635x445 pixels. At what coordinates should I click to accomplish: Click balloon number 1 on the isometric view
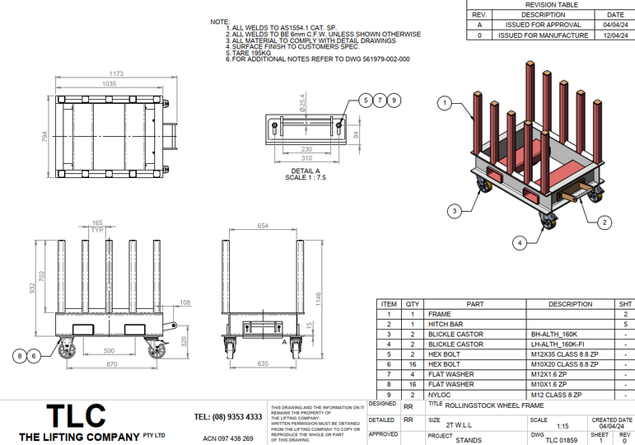point(446,103)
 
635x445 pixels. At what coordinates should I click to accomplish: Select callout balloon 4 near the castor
point(520,242)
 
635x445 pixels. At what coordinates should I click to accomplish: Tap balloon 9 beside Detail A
point(395,101)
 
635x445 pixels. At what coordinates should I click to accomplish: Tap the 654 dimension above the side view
point(263,225)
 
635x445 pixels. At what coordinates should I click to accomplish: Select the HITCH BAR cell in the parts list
point(446,325)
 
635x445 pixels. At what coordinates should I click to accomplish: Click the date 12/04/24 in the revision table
point(615,35)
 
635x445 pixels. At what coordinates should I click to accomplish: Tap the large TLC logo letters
point(76,415)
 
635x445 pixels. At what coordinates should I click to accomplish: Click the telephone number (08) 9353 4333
point(228,417)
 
